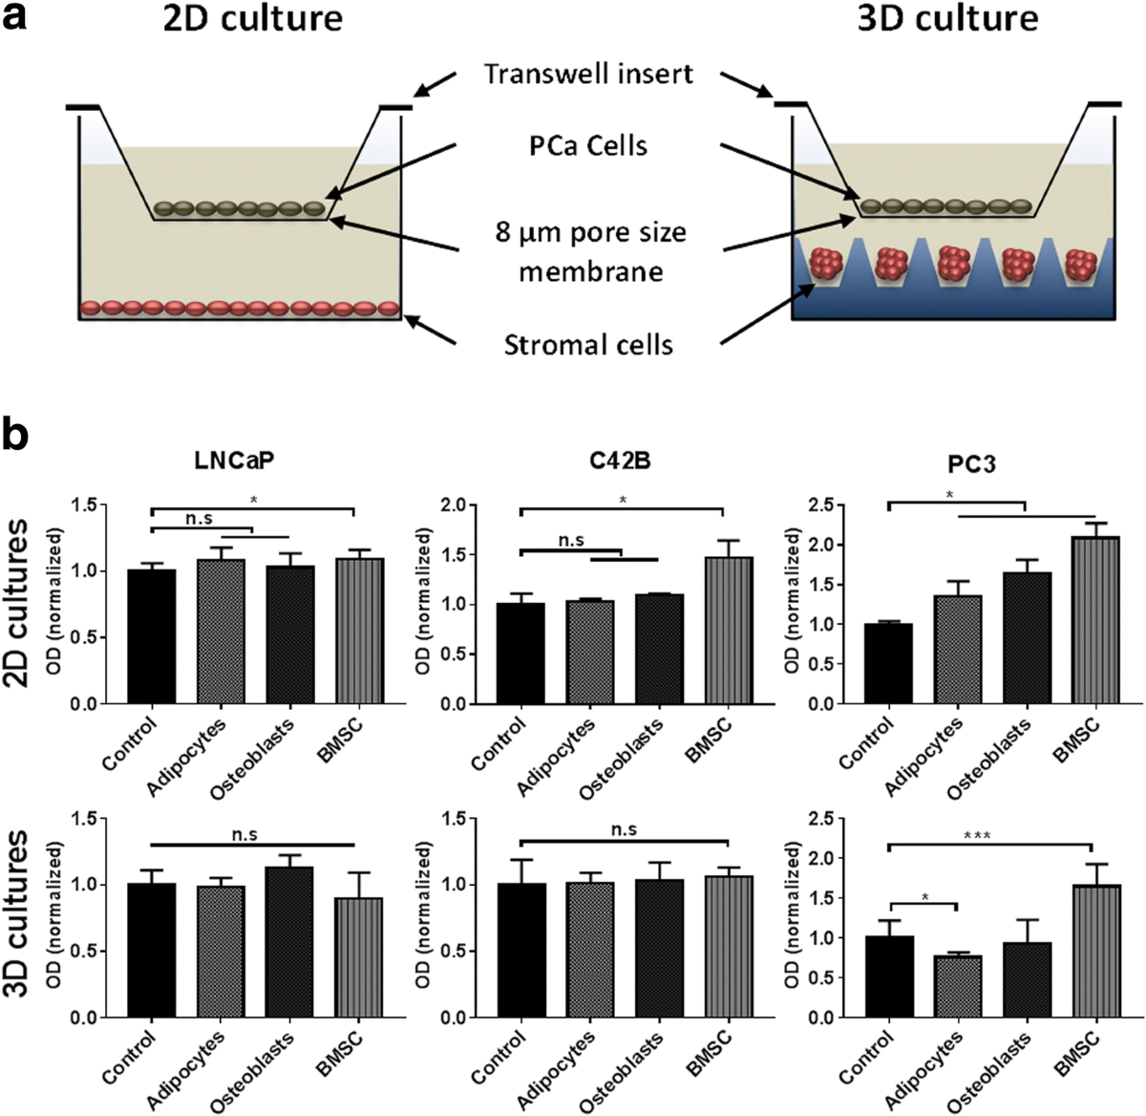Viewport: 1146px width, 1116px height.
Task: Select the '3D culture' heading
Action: (946, 19)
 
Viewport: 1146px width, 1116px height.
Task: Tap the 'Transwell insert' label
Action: (588, 74)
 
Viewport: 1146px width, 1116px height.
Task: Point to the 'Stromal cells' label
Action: (588, 344)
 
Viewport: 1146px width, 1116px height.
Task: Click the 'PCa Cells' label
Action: (588, 146)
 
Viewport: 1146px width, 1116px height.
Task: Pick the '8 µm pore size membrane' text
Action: (590, 252)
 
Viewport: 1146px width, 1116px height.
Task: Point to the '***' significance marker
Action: (976, 837)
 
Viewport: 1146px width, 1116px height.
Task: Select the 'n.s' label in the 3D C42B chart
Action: (624, 830)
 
